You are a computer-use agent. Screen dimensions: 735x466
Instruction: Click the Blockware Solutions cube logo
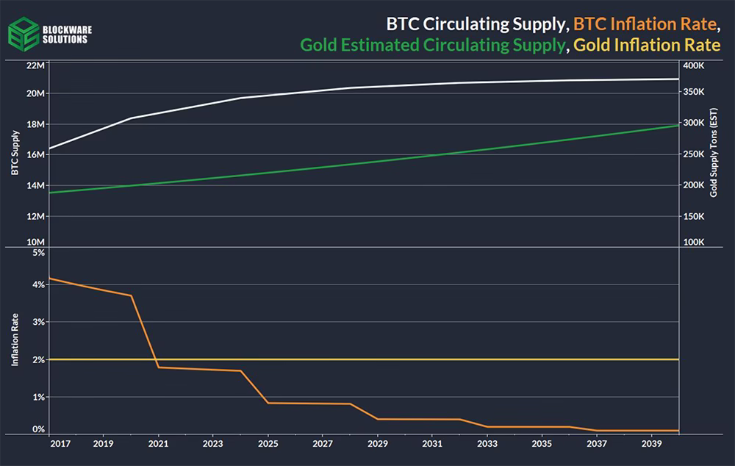24,35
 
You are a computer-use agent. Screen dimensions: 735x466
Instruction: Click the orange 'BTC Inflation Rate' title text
645,24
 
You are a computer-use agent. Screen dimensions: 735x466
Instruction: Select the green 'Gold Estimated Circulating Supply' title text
433,45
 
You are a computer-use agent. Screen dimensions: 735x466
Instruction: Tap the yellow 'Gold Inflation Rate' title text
647,45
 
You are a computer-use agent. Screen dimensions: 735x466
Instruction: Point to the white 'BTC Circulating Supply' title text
476,24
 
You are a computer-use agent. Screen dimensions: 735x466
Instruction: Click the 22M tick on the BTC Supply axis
35,65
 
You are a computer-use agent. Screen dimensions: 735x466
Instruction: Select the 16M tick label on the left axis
35,154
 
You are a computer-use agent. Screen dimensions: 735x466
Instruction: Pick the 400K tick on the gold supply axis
693,65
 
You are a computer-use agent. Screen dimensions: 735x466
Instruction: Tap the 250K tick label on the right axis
693,154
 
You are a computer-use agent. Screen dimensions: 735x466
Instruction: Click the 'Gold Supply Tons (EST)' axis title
714,153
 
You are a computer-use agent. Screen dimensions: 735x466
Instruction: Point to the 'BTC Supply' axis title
15,153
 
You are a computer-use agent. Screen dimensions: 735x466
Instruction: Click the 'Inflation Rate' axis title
15,340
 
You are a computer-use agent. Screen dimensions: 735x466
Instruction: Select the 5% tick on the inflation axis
39,253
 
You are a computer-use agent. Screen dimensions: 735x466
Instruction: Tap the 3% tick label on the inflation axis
39,322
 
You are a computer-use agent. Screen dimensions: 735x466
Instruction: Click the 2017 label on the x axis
60,443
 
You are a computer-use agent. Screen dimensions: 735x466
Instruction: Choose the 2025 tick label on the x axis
268,443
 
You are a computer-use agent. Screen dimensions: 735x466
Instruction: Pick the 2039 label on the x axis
651,443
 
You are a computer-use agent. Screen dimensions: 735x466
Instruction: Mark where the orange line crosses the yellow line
156,359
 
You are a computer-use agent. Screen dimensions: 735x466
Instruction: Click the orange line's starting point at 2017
50,279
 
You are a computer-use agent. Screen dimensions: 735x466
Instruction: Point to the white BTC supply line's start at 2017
50,148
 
